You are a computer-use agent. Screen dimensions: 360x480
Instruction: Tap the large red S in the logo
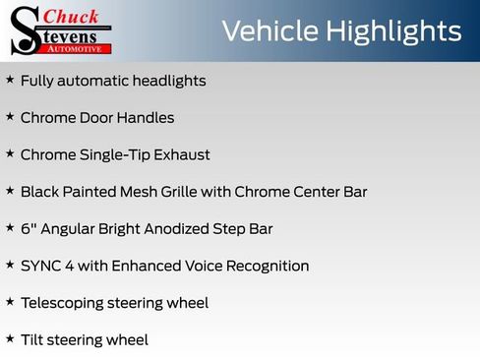[24, 31]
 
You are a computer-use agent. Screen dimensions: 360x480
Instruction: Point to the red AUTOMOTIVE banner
[78, 47]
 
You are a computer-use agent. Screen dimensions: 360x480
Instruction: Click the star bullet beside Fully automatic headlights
[10, 80]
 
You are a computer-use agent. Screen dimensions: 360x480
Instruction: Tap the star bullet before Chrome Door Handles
[10, 117]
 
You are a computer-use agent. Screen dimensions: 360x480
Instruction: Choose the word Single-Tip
[114, 154]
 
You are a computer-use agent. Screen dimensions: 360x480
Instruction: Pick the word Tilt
[31, 340]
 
